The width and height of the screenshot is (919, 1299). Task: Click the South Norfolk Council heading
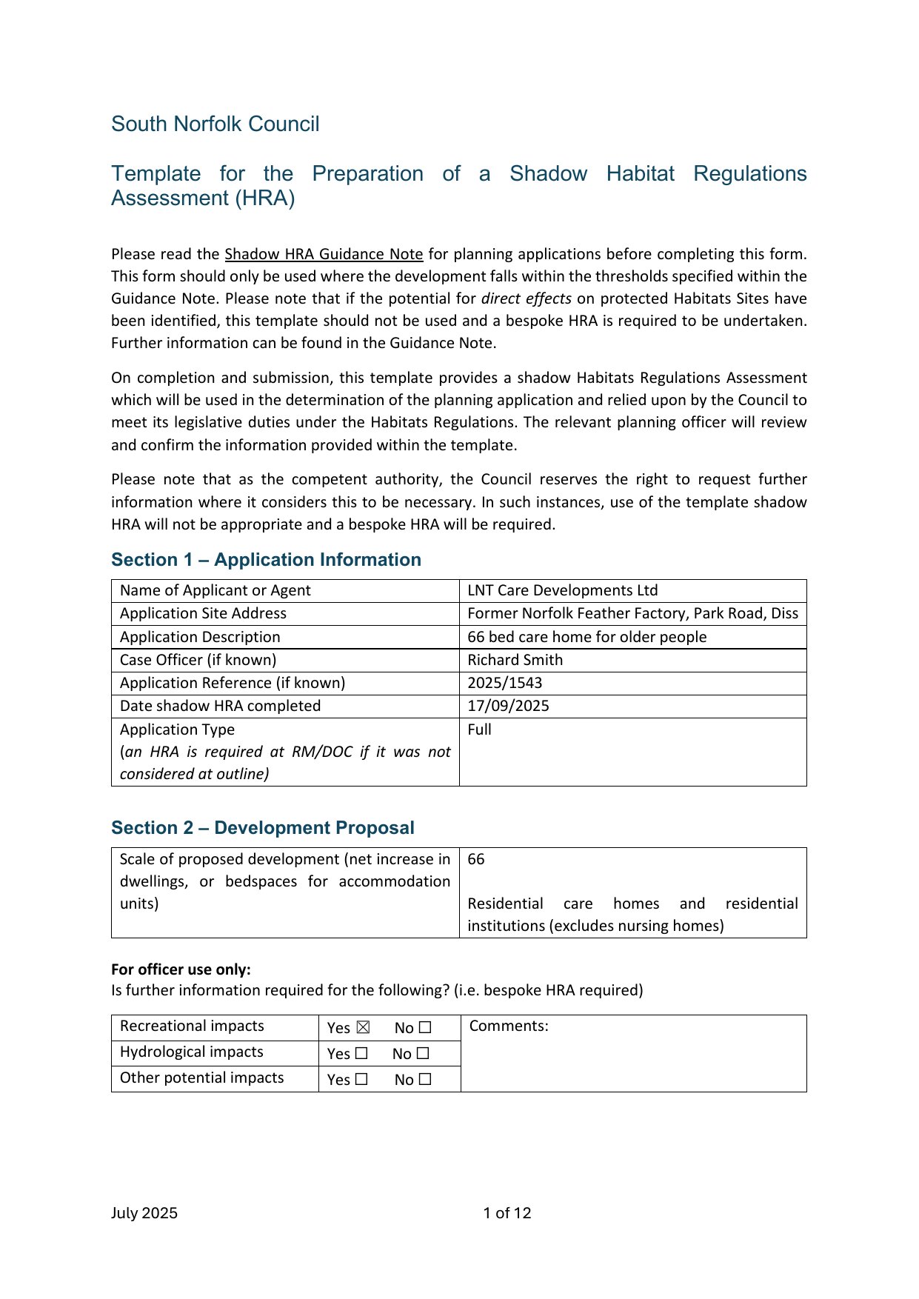(x=215, y=124)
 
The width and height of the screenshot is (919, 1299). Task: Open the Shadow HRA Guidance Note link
(x=324, y=254)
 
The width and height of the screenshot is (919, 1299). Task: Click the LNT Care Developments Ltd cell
(x=562, y=590)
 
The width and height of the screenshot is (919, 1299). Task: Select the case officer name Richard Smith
(x=515, y=660)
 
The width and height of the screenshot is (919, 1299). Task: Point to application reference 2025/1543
(x=504, y=683)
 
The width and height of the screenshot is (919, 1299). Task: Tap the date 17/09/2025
(x=508, y=706)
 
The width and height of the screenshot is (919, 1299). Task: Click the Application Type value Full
(x=479, y=729)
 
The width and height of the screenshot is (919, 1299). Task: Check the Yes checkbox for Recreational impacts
(x=363, y=1027)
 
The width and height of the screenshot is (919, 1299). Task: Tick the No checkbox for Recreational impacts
(x=424, y=1027)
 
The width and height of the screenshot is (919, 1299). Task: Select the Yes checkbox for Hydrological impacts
(x=361, y=1053)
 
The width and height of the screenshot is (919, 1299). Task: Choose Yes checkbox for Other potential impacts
(x=361, y=1079)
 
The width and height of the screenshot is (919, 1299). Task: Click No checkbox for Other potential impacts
(x=424, y=1079)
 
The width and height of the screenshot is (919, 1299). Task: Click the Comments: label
(x=509, y=1026)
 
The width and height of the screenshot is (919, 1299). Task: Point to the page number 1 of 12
(x=507, y=1213)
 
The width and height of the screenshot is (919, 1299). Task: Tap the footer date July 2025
(x=144, y=1213)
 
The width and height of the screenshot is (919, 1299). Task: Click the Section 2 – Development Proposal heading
(x=262, y=828)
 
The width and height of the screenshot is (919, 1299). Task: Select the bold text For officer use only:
(x=181, y=969)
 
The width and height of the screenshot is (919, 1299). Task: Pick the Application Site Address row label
(x=203, y=613)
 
